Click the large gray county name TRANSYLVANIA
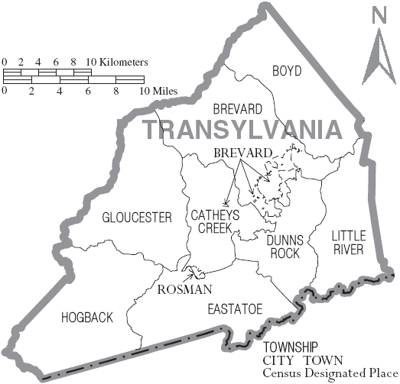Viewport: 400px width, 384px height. coord(242,129)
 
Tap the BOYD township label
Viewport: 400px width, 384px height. coord(287,71)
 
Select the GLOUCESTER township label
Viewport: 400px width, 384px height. coord(137,218)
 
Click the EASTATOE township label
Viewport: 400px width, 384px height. coord(235,308)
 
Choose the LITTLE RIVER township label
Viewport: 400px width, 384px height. coord(349,242)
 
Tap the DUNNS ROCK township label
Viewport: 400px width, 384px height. coord(285,246)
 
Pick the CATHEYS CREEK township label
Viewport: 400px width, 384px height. coord(214,222)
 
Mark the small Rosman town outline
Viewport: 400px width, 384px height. coord(197,272)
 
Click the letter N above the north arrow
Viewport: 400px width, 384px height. coord(379,15)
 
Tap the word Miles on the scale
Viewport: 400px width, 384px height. coord(164,91)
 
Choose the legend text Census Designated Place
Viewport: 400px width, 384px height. coord(337,374)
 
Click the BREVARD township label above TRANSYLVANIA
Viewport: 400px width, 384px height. coord(238,109)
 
